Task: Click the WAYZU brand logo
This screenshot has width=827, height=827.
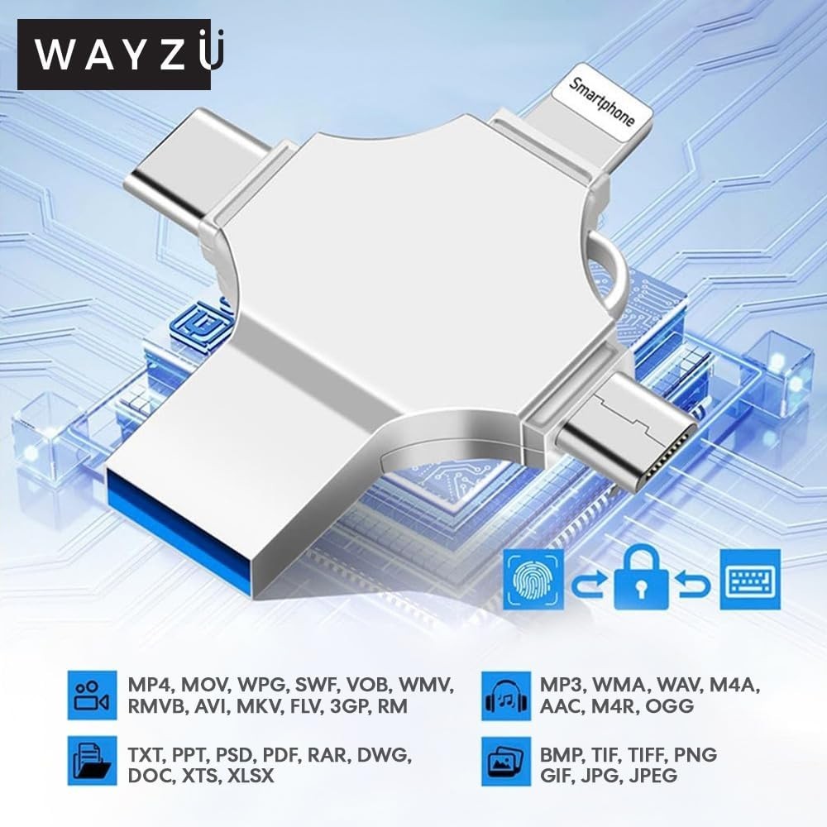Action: [x=114, y=55]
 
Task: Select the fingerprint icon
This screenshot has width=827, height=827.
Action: [x=533, y=579]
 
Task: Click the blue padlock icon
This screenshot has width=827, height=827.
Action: [x=642, y=578]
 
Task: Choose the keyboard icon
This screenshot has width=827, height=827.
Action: [x=750, y=579]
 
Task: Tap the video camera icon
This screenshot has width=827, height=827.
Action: [x=93, y=696]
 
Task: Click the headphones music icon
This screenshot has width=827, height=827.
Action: [x=506, y=696]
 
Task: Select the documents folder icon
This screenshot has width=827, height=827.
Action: [x=93, y=761]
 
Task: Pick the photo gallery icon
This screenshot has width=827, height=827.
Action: [x=506, y=762]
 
